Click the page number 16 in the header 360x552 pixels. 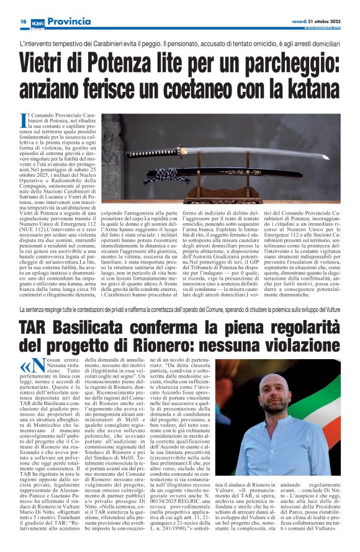pos(23,21)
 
